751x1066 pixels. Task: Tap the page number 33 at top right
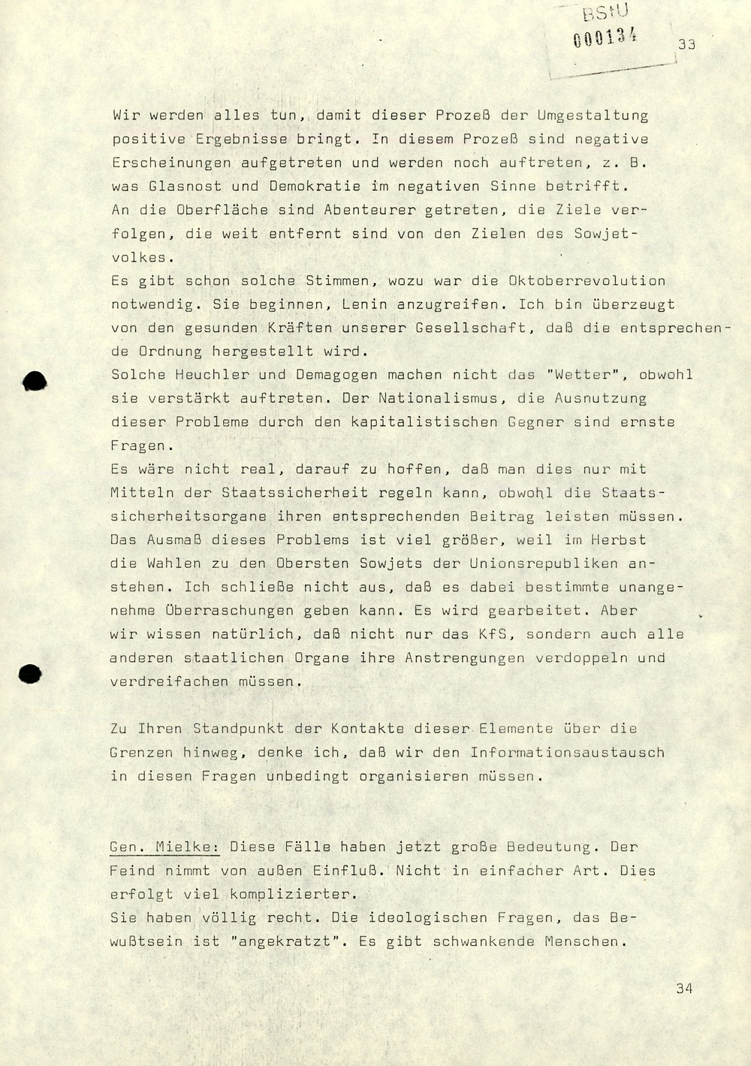[686, 44]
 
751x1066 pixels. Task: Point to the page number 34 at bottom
[684, 989]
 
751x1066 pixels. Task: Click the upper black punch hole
[35, 382]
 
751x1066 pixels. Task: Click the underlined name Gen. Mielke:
[164, 847]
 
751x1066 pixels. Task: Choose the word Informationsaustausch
[567, 752]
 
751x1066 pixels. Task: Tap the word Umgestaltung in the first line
[593, 116]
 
